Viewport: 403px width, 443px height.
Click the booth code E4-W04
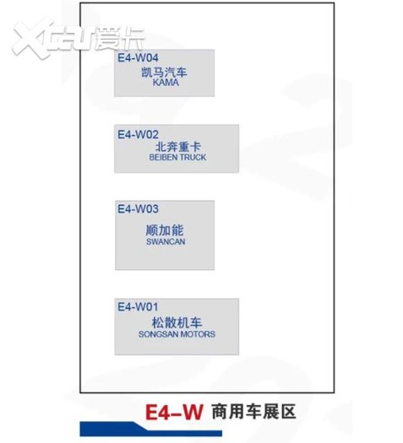pos(138,58)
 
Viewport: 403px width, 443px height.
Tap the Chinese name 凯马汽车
pos(164,73)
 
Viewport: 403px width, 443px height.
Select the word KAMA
pos(166,83)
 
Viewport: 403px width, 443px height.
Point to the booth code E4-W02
pos(138,134)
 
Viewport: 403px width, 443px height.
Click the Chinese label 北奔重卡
pos(178,147)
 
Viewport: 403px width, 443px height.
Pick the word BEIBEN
pos(163,157)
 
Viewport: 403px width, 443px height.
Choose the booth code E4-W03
pos(138,209)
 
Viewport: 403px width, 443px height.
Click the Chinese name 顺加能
pos(165,230)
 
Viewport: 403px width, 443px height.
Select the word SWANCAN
pos(166,242)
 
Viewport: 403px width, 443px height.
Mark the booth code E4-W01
pos(138,307)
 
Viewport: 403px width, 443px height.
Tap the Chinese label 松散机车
pos(177,322)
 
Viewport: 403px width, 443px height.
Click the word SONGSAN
pos(158,334)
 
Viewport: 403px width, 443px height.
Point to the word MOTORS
pos(198,334)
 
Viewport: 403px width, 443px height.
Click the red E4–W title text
pos(174,413)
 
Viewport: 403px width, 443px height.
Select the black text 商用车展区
pos(253,412)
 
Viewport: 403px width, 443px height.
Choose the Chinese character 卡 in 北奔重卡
pos(195,147)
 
